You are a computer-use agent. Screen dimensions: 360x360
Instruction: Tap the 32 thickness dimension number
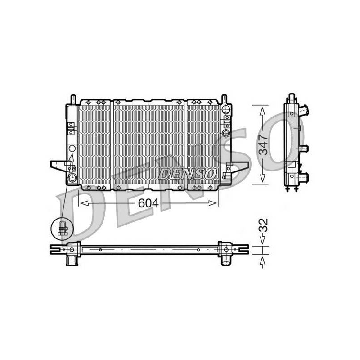pyautogui.click(x=263, y=225)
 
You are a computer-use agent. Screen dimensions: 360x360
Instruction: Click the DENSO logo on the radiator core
pyautogui.click(x=187, y=174)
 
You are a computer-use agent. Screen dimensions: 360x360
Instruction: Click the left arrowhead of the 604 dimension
pyautogui.click(x=84, y=203)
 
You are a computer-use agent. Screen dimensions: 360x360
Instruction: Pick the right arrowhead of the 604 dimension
pyautogui.click(x=212, y=203)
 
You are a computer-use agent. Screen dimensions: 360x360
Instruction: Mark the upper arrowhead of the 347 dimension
pyautogui.click(x=263, y=112)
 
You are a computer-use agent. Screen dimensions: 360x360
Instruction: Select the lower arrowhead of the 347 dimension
pyautogui.click(x=263, y=178)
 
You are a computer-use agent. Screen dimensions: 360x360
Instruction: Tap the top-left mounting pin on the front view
pyautogui.click(x=73, y=99)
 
